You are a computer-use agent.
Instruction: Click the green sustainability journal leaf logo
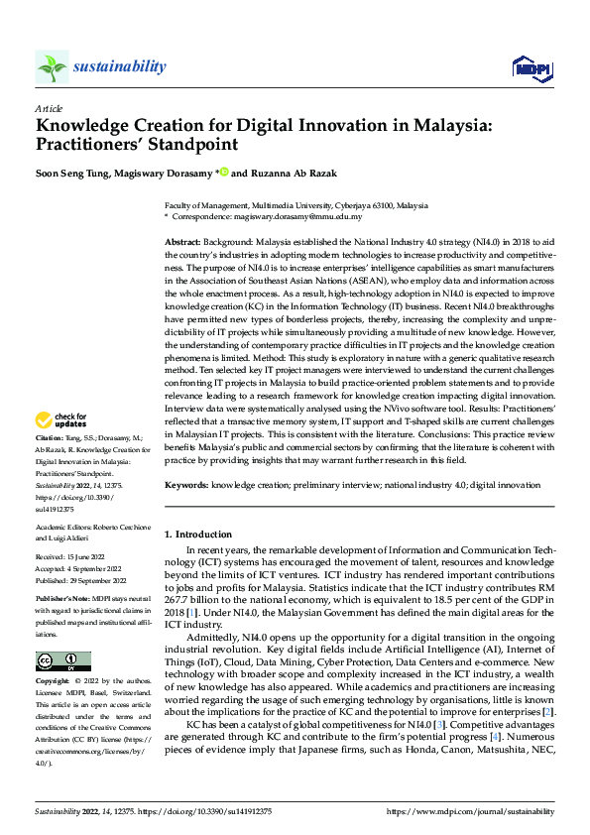[x=52, y=67]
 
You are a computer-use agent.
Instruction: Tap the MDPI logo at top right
[x=531, y=67]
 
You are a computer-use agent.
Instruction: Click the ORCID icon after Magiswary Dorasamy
[x=223, y=172]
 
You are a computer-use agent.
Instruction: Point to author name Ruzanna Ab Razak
[x=301, y=172]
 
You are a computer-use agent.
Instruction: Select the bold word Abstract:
[x=182, y=242]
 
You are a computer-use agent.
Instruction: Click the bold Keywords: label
[x=186, y=485]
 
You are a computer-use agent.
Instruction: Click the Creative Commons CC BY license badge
[x=62, y=660]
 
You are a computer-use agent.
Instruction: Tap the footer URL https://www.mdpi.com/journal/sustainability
[x=470, y=811]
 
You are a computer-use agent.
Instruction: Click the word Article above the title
[x=49, y=108]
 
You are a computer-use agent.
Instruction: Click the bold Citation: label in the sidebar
[x=49, y=464]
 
